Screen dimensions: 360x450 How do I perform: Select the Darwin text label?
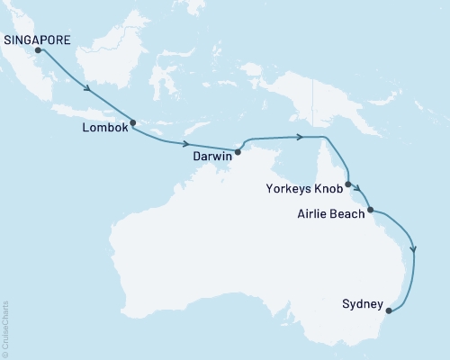(212, 155)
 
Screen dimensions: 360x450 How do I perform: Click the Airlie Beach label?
(330, 214)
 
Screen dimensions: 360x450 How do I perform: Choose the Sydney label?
(364, 303)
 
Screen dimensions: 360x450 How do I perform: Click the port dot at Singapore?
(38, 51)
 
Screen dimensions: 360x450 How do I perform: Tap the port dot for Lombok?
(132, 123)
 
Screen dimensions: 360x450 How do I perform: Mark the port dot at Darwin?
(238, 152)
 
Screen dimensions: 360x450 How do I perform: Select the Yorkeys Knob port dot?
(347, 184)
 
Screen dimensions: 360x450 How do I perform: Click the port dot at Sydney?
(389, 311)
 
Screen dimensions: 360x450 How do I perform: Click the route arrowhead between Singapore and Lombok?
(88, 88)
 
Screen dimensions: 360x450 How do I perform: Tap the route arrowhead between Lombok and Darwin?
(187, 144)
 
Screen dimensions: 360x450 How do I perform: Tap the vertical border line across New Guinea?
(313, 99)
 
